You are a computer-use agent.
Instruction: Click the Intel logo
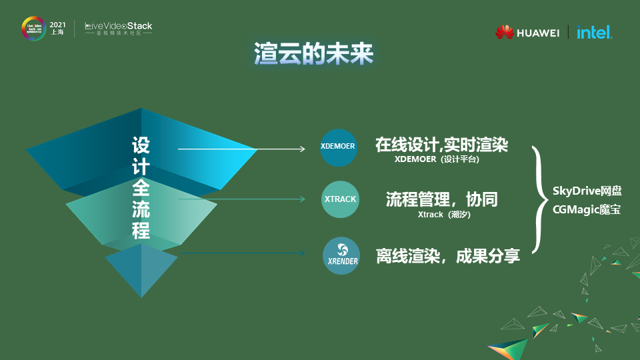tap(594, 32)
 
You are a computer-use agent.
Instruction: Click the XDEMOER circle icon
tap(339, 147)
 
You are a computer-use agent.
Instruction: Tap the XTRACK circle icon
tap(340, 199)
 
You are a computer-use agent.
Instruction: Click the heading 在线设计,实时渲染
tap(441, 145)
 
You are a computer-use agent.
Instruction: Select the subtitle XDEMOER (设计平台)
tap(437, 160)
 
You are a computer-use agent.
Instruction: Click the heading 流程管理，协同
tap(441, 199)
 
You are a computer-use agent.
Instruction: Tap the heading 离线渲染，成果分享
tap(447, 255)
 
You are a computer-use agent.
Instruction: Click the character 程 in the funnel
tap(141, 231)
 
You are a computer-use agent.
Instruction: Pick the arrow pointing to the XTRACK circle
tap(240, 199)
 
